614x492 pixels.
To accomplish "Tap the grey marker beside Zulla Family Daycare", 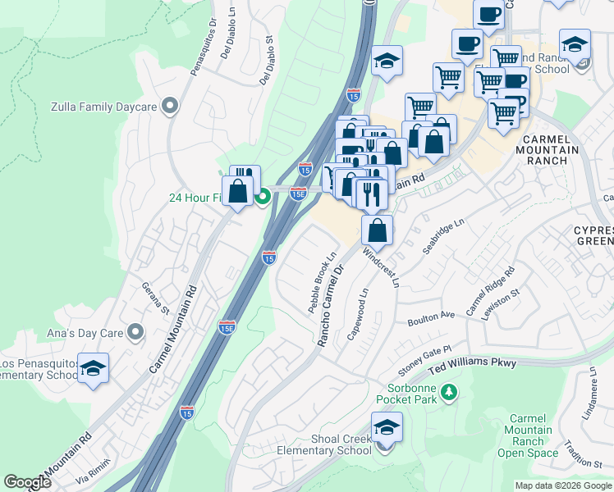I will [170, 105].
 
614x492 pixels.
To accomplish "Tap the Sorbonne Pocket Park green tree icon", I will [448, 394].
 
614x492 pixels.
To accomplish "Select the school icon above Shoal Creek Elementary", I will [387, 426].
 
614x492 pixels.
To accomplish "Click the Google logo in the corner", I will [27, 482].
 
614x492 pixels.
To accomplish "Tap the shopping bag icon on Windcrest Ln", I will [377, 229].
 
